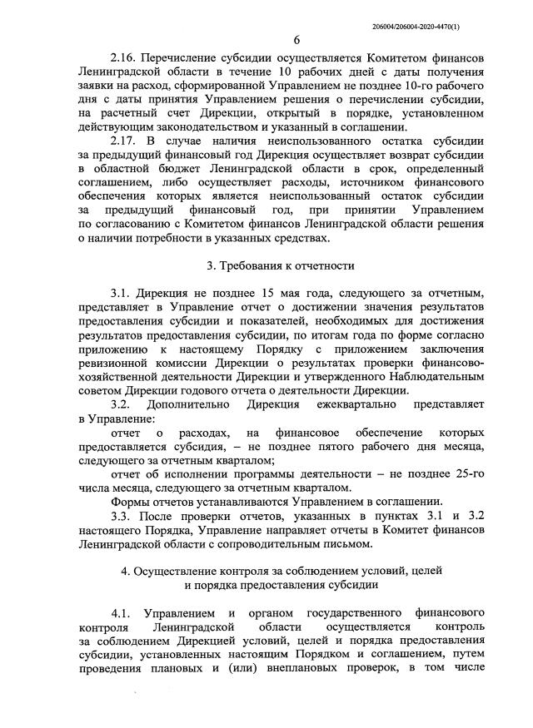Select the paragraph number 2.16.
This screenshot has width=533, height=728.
tap(123, 62)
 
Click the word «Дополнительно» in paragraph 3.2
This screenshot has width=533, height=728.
tap(192, 406)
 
